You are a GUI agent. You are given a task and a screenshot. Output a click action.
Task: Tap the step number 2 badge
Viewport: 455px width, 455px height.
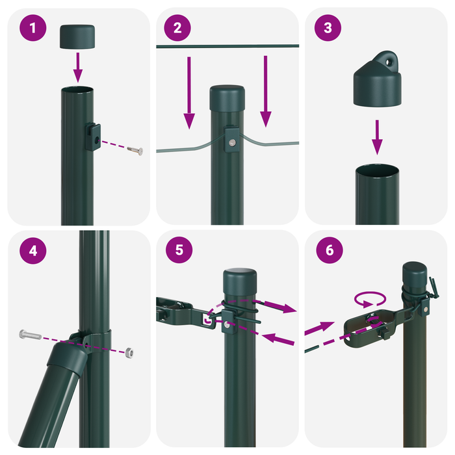tap(178, 29)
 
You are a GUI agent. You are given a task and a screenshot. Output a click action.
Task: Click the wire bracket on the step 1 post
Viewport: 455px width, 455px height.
tap(94, 137)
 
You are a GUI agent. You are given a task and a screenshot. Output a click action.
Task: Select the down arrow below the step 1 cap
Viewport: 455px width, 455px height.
tap(78, 66)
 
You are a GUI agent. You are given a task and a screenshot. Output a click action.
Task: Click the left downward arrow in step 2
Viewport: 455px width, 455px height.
tap(189, 91)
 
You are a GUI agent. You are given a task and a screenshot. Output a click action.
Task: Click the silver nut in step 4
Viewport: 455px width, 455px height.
tap(130, 352)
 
